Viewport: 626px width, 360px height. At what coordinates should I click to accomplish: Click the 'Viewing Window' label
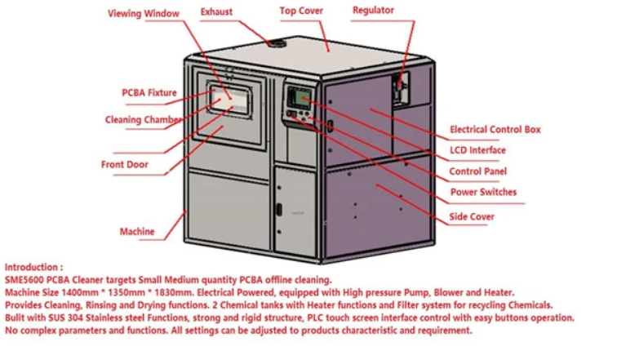coord(144,14)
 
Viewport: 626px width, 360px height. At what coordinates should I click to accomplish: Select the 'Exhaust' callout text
coord(218,12)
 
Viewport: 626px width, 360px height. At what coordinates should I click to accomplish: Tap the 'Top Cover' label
coord(301,11)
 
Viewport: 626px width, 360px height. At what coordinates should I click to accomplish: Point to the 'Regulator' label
coord(373,11)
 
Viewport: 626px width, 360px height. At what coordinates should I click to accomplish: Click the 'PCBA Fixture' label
coord(149,93)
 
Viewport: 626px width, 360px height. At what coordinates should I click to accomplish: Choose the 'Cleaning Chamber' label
coord(144,120)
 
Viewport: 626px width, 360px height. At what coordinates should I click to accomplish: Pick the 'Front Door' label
coord(125,165)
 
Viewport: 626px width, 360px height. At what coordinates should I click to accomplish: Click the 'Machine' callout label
coord(137,232)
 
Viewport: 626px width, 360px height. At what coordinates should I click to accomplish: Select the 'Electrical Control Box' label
coord(495,130)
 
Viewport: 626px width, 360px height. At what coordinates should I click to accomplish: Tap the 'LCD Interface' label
coord(477,150)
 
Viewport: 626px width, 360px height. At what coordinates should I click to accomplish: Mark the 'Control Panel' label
coord(477,171)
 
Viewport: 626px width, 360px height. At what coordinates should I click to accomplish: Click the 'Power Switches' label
coord(483,193)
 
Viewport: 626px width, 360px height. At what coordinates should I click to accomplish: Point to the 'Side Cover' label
coord(472,217)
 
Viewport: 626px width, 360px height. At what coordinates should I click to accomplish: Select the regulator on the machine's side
coord(400,85)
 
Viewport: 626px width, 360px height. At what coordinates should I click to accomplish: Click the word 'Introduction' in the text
coord(32,267)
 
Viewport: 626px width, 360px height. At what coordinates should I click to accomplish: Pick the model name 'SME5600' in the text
coord(24,280)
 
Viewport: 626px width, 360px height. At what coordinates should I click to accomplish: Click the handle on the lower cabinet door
coord(278,208)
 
